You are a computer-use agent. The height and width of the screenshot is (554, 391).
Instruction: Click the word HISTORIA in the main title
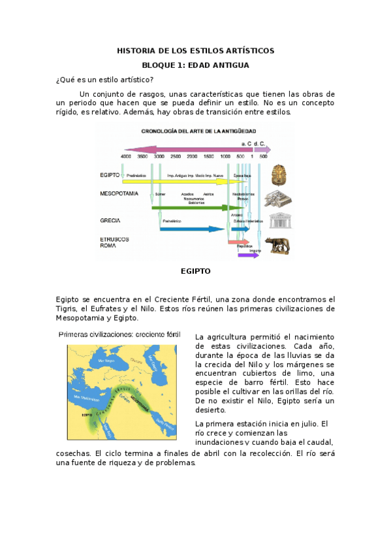pos(134,50)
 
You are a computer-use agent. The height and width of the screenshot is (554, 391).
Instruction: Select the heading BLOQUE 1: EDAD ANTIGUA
pos(195,65)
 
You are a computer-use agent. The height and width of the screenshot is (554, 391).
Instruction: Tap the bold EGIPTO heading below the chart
pos(195,270)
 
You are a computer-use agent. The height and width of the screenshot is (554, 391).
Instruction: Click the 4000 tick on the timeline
pos(126,157)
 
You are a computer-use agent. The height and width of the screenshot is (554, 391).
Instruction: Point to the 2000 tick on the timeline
pos(192,157)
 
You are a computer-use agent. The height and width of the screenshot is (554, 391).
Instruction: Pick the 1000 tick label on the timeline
pos(225,157)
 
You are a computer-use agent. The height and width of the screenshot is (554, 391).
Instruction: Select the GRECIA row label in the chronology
pos(110,221)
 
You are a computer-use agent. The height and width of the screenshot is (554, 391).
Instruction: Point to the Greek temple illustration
pos(279,220)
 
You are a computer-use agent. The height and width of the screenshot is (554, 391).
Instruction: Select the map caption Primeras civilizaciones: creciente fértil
pos(119,334)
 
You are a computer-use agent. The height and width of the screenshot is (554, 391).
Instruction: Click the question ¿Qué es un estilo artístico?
pos(105,80)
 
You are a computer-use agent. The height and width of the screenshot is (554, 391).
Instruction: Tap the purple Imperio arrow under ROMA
pos(248,255)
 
